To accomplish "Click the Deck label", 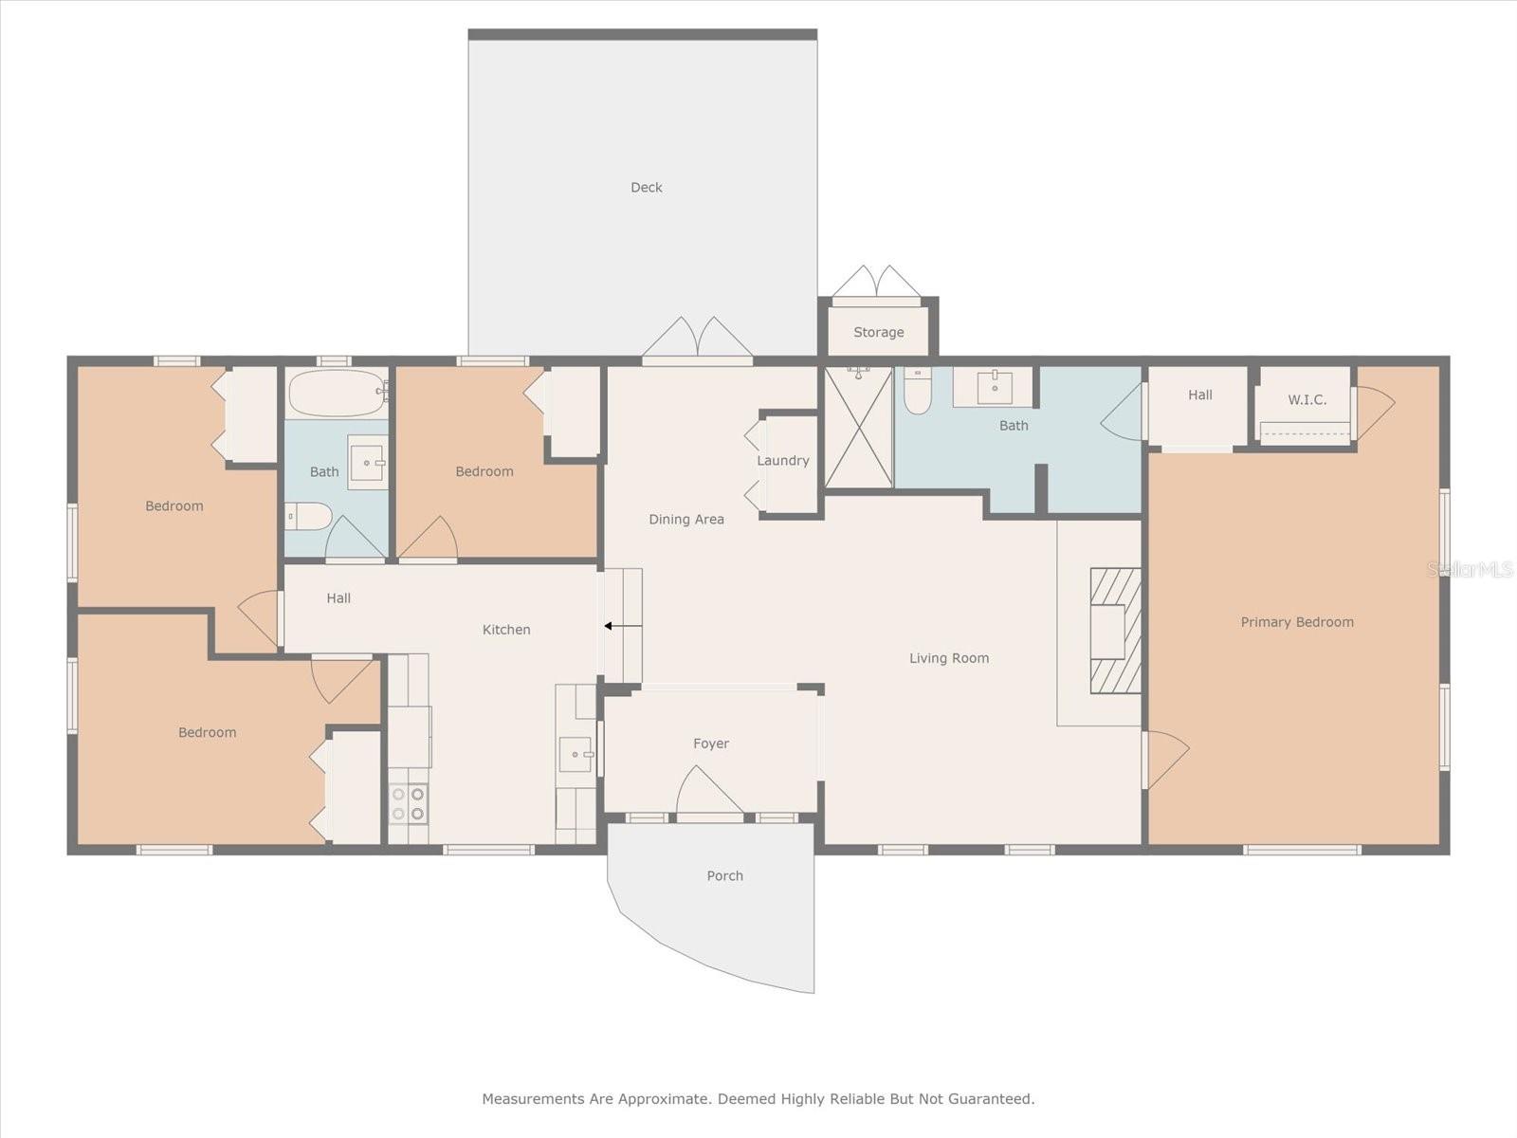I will point(646,188).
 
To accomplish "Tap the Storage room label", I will point(878,333).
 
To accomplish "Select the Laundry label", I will point(782,461).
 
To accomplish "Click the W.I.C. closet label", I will point(1307,400).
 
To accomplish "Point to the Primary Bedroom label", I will point(1296,622).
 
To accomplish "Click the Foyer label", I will point(710,743).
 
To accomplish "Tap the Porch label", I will point(724,876).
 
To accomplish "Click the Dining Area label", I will point(685,520).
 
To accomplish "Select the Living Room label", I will point(948,658).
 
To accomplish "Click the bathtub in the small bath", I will point(336,393).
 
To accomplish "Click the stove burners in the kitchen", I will point(409,803).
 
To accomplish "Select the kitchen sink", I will point(575,755).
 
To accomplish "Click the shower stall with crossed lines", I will point(858,428).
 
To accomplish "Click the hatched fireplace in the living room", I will point(1115,631).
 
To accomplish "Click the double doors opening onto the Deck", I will point(697,339).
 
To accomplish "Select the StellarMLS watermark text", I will point(1470,569).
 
